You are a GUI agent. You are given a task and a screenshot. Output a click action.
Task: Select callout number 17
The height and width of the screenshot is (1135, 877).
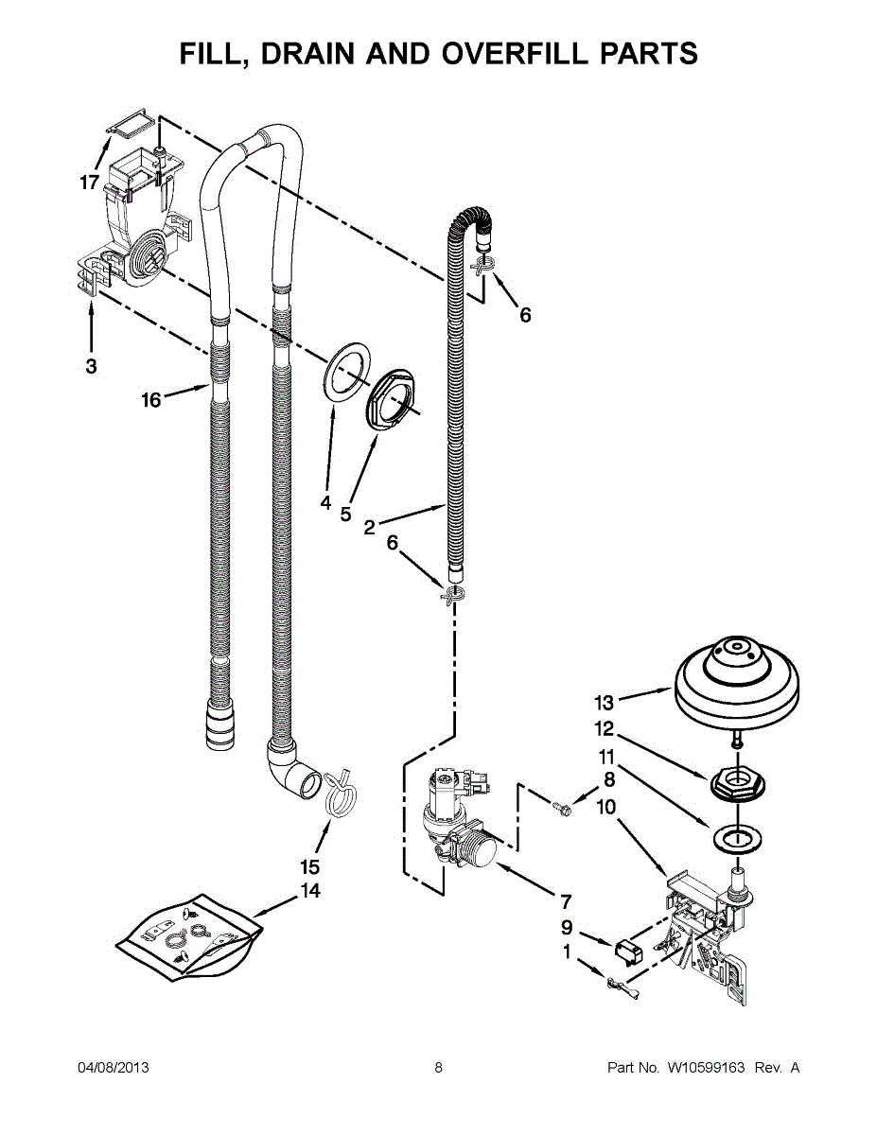tap(89, 183)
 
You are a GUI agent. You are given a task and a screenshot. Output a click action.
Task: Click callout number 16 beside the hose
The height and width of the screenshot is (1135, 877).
tap(151, 400)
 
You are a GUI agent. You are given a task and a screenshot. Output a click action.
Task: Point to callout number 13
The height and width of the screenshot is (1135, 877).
tap(604, 703)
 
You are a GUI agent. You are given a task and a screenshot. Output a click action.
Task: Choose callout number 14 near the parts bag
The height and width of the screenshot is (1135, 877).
tap(310, 891)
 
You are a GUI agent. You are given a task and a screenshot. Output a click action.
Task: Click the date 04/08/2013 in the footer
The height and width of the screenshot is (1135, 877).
tap(114, 1068)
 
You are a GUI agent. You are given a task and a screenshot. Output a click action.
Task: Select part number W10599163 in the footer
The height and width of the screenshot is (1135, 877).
tap(705, 1068)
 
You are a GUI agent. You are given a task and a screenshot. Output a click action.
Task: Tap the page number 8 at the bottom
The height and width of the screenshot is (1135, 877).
tap(439, 1068)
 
